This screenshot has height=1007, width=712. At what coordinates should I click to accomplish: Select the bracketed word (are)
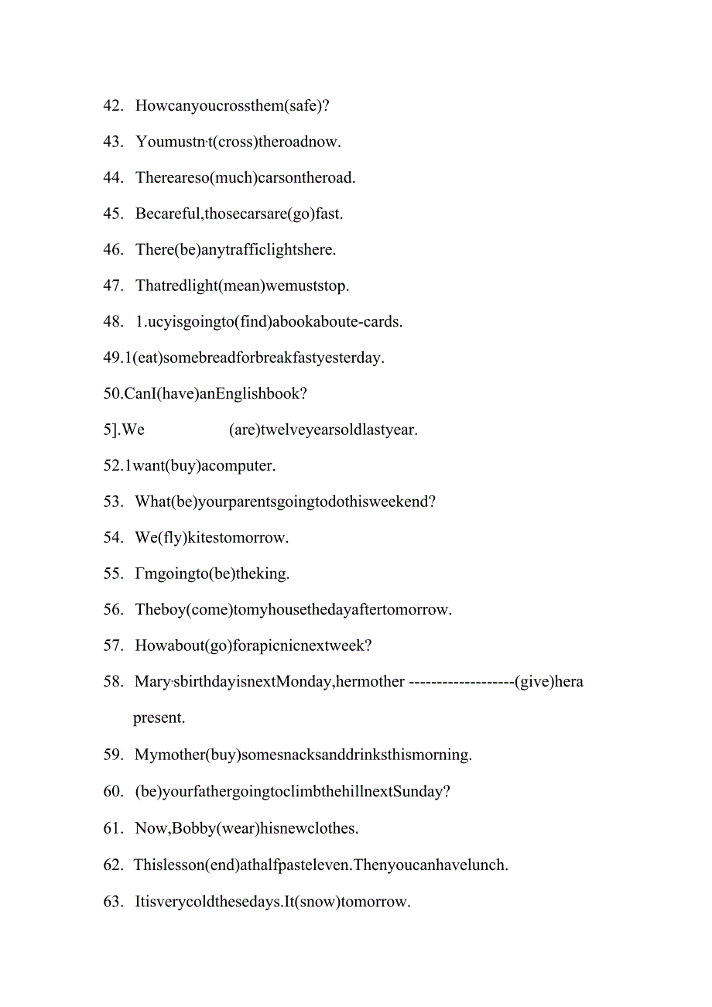click(x=245, y=430)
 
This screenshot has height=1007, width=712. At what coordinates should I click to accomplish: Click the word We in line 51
click(x=133, y=430)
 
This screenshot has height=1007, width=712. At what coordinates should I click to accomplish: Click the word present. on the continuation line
click(x=159, y=718)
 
